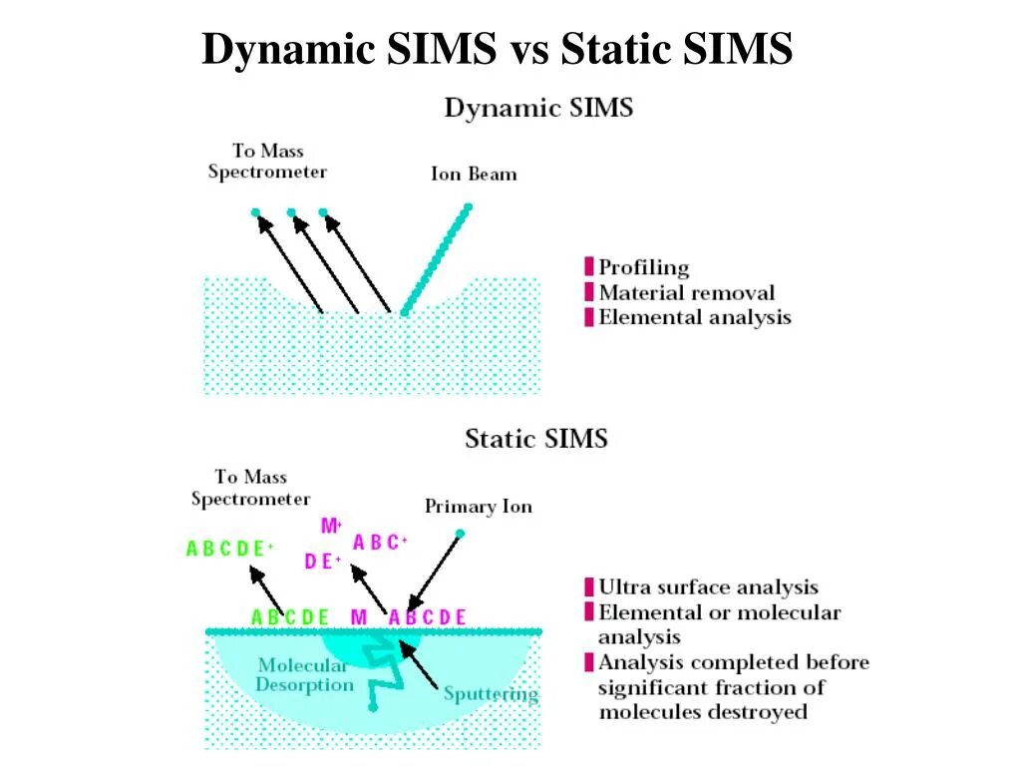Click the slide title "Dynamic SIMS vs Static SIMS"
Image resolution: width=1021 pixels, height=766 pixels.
(497, 48)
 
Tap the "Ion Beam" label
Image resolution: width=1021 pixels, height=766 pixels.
(474, 175)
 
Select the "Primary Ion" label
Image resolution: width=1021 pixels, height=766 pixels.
(479, 507)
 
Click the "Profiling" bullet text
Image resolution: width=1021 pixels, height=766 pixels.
(643, 267)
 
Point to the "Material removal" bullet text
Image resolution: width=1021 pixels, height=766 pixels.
(686, 293)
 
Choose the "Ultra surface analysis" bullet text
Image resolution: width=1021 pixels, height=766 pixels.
(708, 587)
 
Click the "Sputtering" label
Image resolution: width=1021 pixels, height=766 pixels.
(491, 694)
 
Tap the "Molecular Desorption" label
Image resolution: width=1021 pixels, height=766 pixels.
(304, 675)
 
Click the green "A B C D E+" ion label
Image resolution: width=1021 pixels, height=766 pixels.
(229, 549)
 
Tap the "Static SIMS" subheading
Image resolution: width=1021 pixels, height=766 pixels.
(535, 438)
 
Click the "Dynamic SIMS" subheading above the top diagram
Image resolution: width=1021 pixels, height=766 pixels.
(538, 108)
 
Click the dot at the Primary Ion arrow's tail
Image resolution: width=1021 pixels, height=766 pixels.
(460, 534)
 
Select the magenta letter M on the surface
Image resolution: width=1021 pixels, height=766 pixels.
(359, 617)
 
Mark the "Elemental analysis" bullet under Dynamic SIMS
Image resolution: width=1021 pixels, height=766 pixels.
(694, 318)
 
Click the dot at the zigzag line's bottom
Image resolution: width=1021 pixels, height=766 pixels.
(372, 707)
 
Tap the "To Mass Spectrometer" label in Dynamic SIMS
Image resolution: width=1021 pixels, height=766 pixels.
(267, 161)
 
